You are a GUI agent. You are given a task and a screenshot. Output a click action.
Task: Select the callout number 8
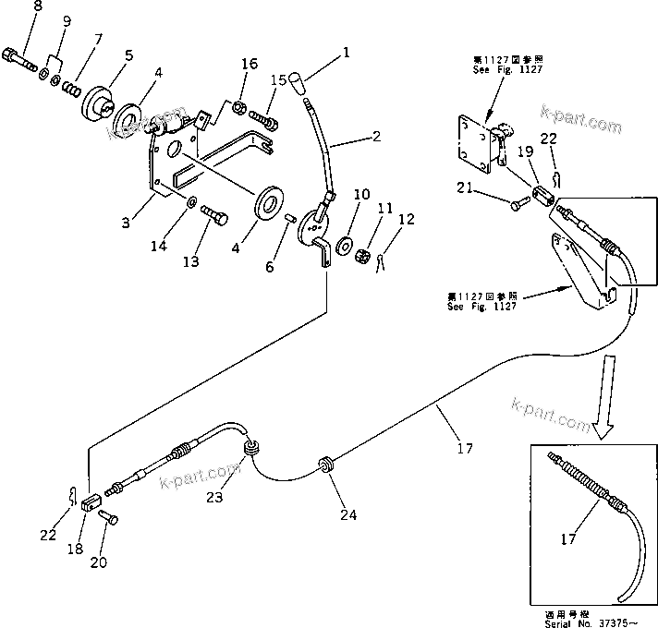[12, 7]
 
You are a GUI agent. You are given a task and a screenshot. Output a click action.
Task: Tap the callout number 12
[406, 220]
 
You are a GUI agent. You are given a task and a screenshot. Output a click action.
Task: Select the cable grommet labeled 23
[250, 449]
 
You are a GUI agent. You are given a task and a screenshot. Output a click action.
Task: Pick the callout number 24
[348, 514]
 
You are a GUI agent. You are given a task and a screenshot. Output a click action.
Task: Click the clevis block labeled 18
[90, 504]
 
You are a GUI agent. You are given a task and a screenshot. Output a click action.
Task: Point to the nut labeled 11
[364, 255]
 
